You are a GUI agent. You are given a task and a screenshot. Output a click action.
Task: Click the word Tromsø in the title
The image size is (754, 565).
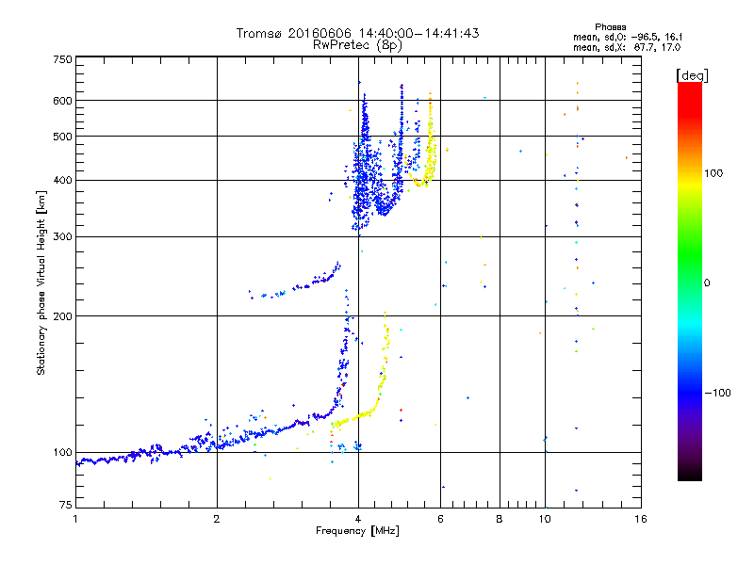(x=258, y=33)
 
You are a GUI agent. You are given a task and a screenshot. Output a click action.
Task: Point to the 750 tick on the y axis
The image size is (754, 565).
(x=62, y=59)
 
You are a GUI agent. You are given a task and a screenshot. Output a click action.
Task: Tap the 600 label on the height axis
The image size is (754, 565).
(x=62, y=101)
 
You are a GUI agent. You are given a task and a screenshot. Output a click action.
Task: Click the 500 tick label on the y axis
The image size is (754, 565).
(x=62, y=137)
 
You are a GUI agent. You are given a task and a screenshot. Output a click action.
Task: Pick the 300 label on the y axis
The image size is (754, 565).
(x=62, y=236)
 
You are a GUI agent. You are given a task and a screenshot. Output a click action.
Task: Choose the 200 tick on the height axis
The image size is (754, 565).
(x=62, y=316)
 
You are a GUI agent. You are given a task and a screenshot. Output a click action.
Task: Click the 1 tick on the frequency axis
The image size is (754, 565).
(x=75, y=519)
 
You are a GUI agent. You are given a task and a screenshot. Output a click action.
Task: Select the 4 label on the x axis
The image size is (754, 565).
(x=358, y=519)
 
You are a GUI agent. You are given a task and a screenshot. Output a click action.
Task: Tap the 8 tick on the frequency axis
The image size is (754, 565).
(x=500, y=519)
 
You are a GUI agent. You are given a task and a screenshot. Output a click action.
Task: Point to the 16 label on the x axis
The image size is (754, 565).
(x=640, y=519)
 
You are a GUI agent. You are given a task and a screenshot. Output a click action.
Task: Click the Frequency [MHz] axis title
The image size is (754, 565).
(x=358, y=532)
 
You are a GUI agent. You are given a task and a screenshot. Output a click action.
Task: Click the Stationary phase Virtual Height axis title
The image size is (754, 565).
(x=41, y=282)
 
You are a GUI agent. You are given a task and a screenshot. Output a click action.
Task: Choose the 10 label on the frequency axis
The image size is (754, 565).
(x=545, y=519)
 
